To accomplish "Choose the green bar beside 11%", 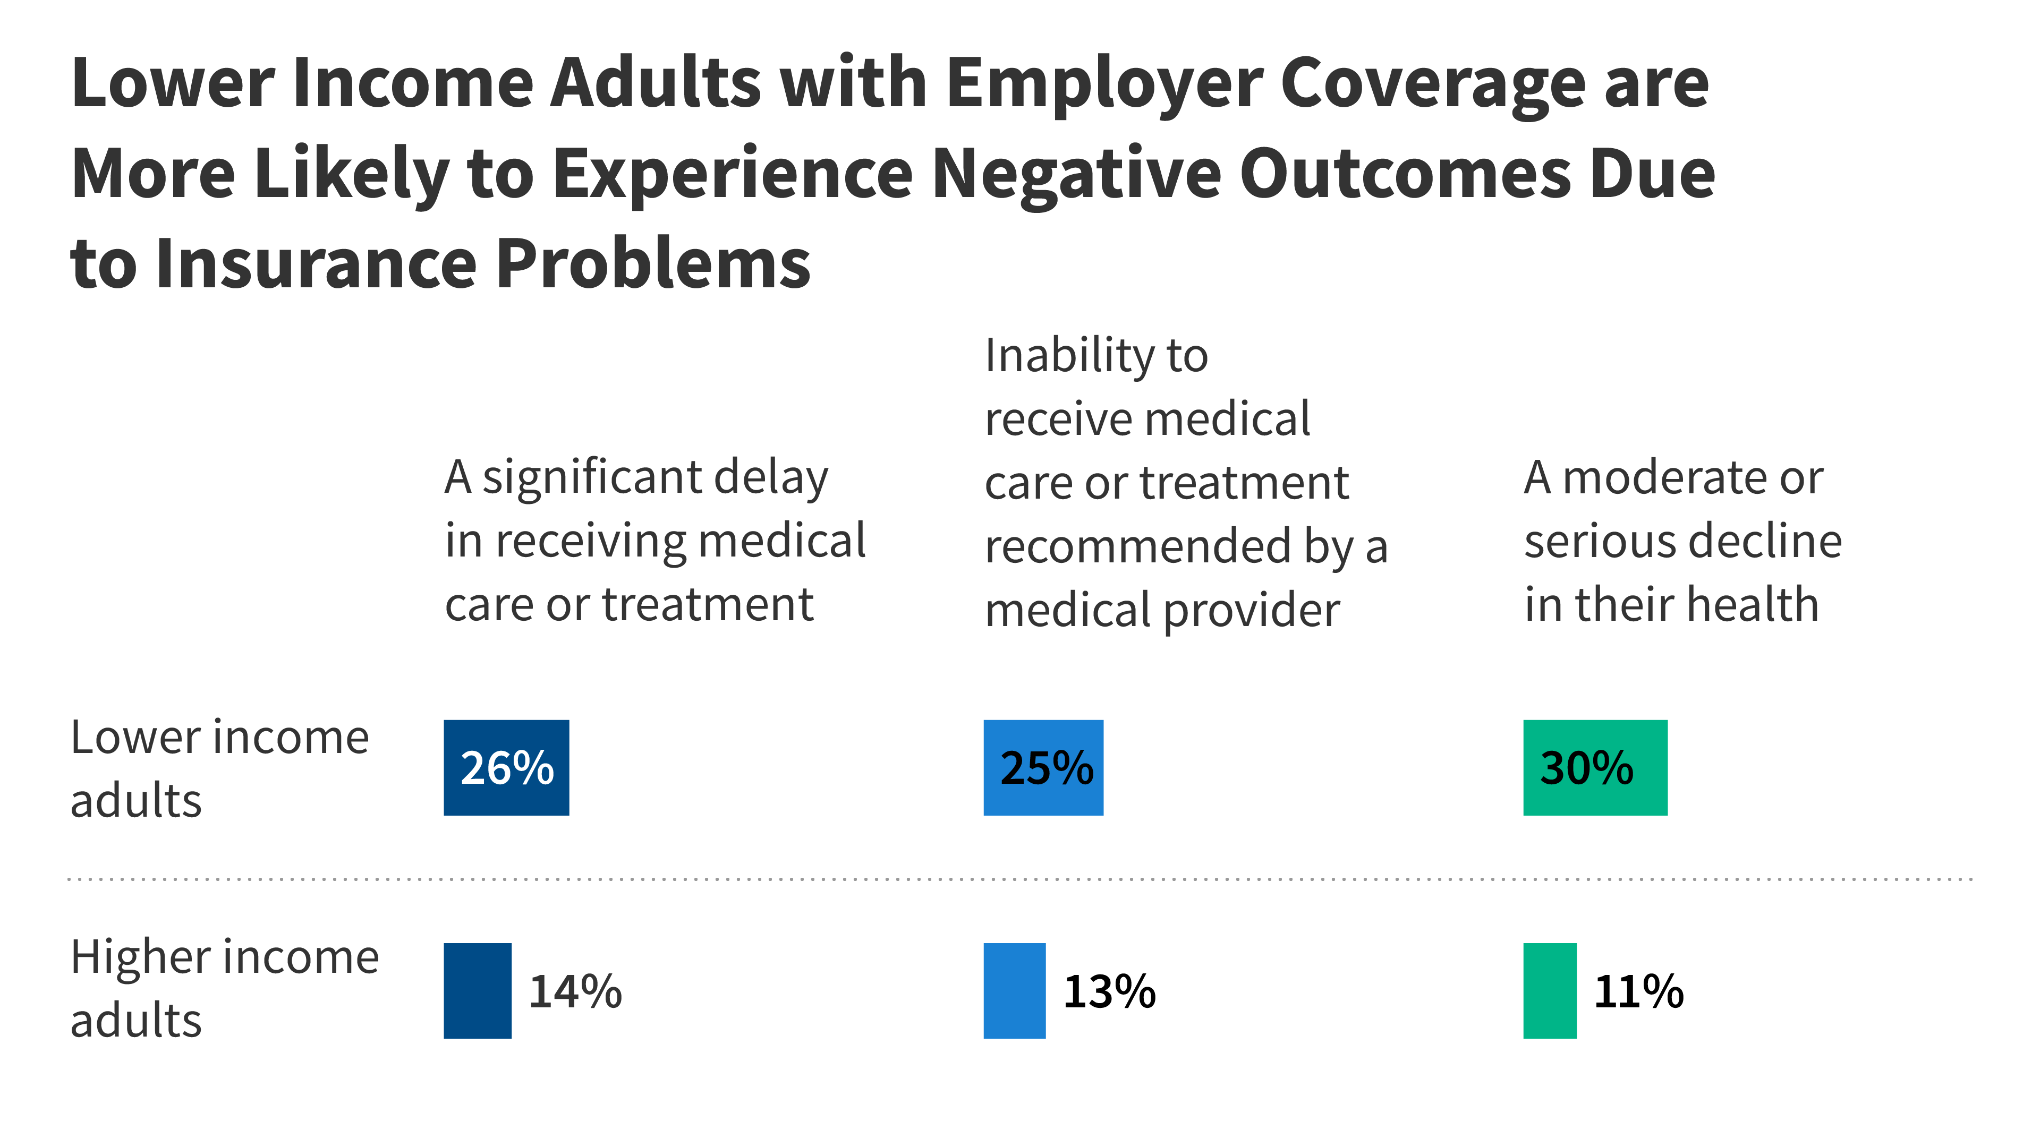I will [1549, 990].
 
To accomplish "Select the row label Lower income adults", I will [219, 768].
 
